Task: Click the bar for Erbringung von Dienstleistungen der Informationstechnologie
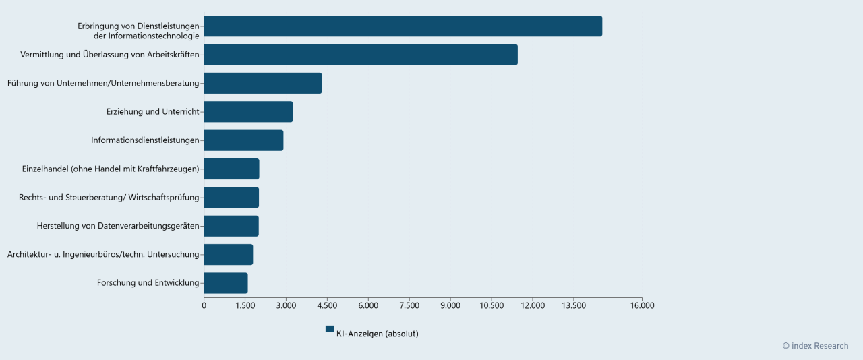click(x=403, y=26)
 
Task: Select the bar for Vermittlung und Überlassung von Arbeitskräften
click(x=361, y=55)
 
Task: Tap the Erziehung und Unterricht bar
click(x=248, y=112)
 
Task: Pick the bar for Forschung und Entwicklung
click(x=226, y=283)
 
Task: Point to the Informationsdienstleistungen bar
click(x=243, y=140)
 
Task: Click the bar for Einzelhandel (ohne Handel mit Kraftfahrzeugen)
click(x=231, y=169)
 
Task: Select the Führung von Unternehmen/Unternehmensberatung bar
click(x=263, y=84)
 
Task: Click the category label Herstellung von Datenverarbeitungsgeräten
click(x=118, y=226)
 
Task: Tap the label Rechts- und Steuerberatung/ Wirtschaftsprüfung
click(x=109, y=198)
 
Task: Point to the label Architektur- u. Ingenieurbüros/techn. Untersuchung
click(x=103, y=255)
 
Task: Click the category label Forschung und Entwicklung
click(x=148, y=283)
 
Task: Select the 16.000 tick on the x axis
click(x=642, y=306)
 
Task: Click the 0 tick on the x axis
click(x=204, y=306)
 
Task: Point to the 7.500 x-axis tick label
click(x=409, y=306)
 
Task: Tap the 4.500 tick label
click(x=327, y=306)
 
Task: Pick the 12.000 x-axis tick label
click(x=533, y=306)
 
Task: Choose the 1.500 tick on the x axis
click(x=245, y=306)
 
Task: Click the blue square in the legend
click(x=330, y=329)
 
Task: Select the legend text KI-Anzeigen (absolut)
click(x=377, y=334)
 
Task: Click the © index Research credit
click(x=815, y=346)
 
